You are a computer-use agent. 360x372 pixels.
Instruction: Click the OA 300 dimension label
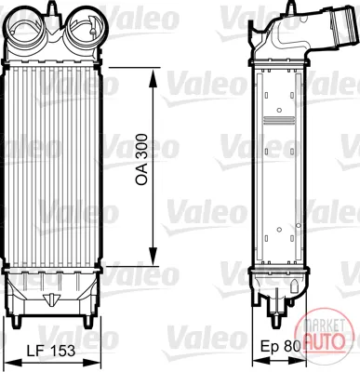coord(142,160)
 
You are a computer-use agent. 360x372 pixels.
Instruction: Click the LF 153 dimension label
coord(51,351)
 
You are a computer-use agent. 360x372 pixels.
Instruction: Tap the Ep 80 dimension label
coord(281,346)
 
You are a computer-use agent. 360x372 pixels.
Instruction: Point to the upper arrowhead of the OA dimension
coord(153,77)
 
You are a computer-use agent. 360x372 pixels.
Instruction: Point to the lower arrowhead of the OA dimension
coord(153,256)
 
